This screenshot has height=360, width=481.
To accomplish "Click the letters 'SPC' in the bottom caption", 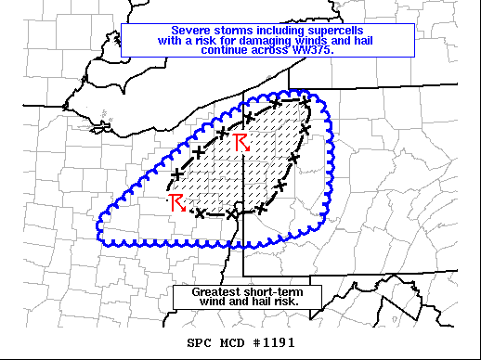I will coord(199,342).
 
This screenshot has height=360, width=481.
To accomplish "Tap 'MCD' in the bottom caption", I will coord(232,342).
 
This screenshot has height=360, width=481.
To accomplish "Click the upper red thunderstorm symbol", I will coord(241,142).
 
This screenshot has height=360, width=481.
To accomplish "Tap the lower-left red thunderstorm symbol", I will coord(176,203).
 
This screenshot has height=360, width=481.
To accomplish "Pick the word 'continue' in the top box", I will coord(228,49).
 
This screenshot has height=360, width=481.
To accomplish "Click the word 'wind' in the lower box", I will coord(217,302).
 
